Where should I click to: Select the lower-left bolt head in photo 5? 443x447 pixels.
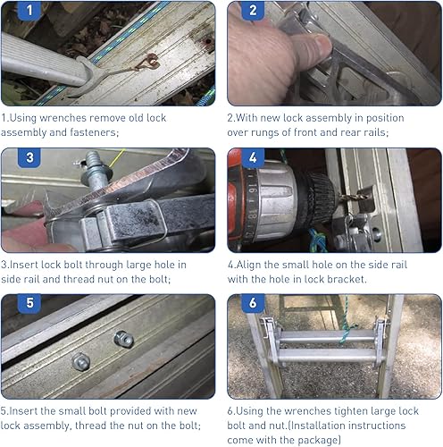click(82, 361)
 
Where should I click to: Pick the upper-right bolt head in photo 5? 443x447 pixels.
click(124, 339)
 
